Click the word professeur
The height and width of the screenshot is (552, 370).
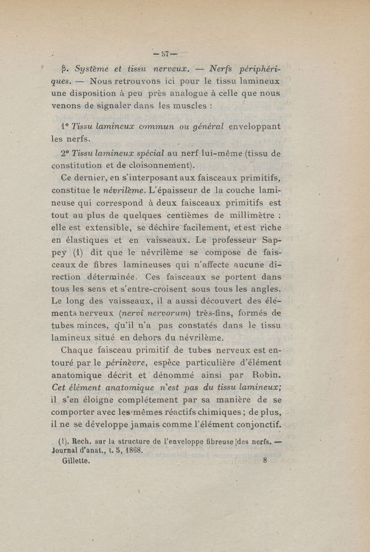tap(234, 240)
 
